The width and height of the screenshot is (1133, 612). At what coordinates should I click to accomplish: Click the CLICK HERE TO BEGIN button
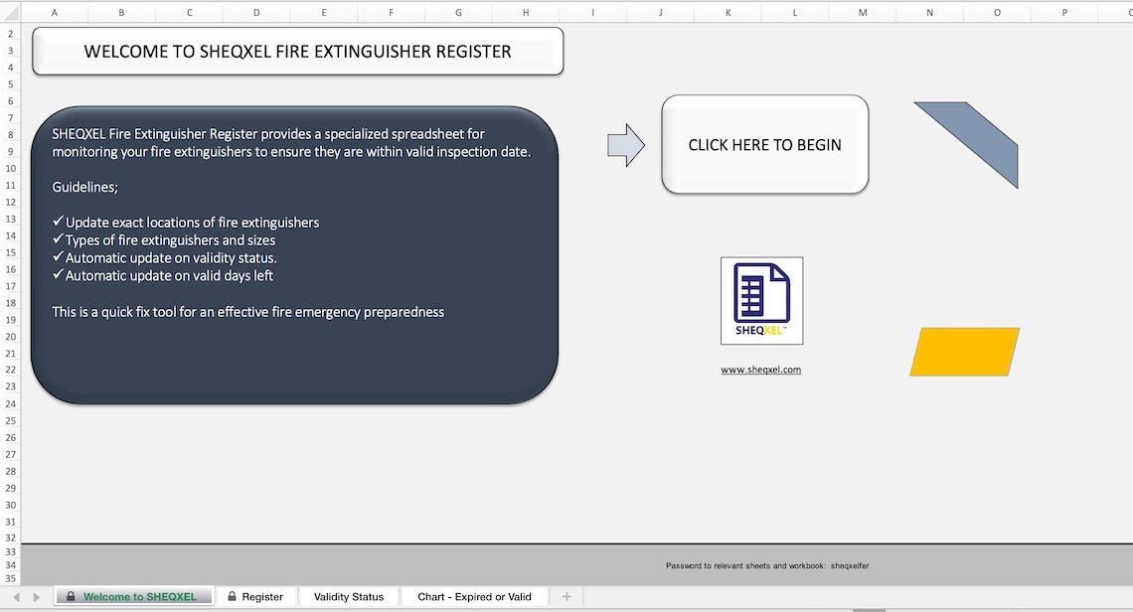tap(764, 145)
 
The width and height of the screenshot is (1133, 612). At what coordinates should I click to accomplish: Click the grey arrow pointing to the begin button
tap(625, 146)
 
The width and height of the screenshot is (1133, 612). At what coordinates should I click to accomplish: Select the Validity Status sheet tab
tap(348, 597)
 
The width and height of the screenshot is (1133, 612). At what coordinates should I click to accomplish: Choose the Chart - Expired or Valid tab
tap(474, 597)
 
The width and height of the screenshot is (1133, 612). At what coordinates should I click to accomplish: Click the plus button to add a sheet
tap(566, 596)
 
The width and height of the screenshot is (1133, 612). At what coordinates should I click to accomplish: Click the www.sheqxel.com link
tap(760, 370)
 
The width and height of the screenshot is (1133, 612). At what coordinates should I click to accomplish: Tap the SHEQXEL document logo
tap(761, 300)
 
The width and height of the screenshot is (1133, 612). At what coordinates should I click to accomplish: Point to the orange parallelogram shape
tap(964, 352)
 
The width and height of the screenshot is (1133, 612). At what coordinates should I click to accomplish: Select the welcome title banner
tap(297, 52)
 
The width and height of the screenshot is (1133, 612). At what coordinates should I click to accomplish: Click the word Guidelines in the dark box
tap(84, 187)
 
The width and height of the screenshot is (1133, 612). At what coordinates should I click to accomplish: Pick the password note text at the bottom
tap(767, 566)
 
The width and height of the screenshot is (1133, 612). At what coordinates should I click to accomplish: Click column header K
tap(728, 13)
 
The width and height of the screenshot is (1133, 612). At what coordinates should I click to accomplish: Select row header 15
tap(10, 252)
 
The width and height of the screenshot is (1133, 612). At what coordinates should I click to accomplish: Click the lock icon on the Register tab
tap(232, 597)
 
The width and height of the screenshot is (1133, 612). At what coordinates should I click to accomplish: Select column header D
tap(256, 13)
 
